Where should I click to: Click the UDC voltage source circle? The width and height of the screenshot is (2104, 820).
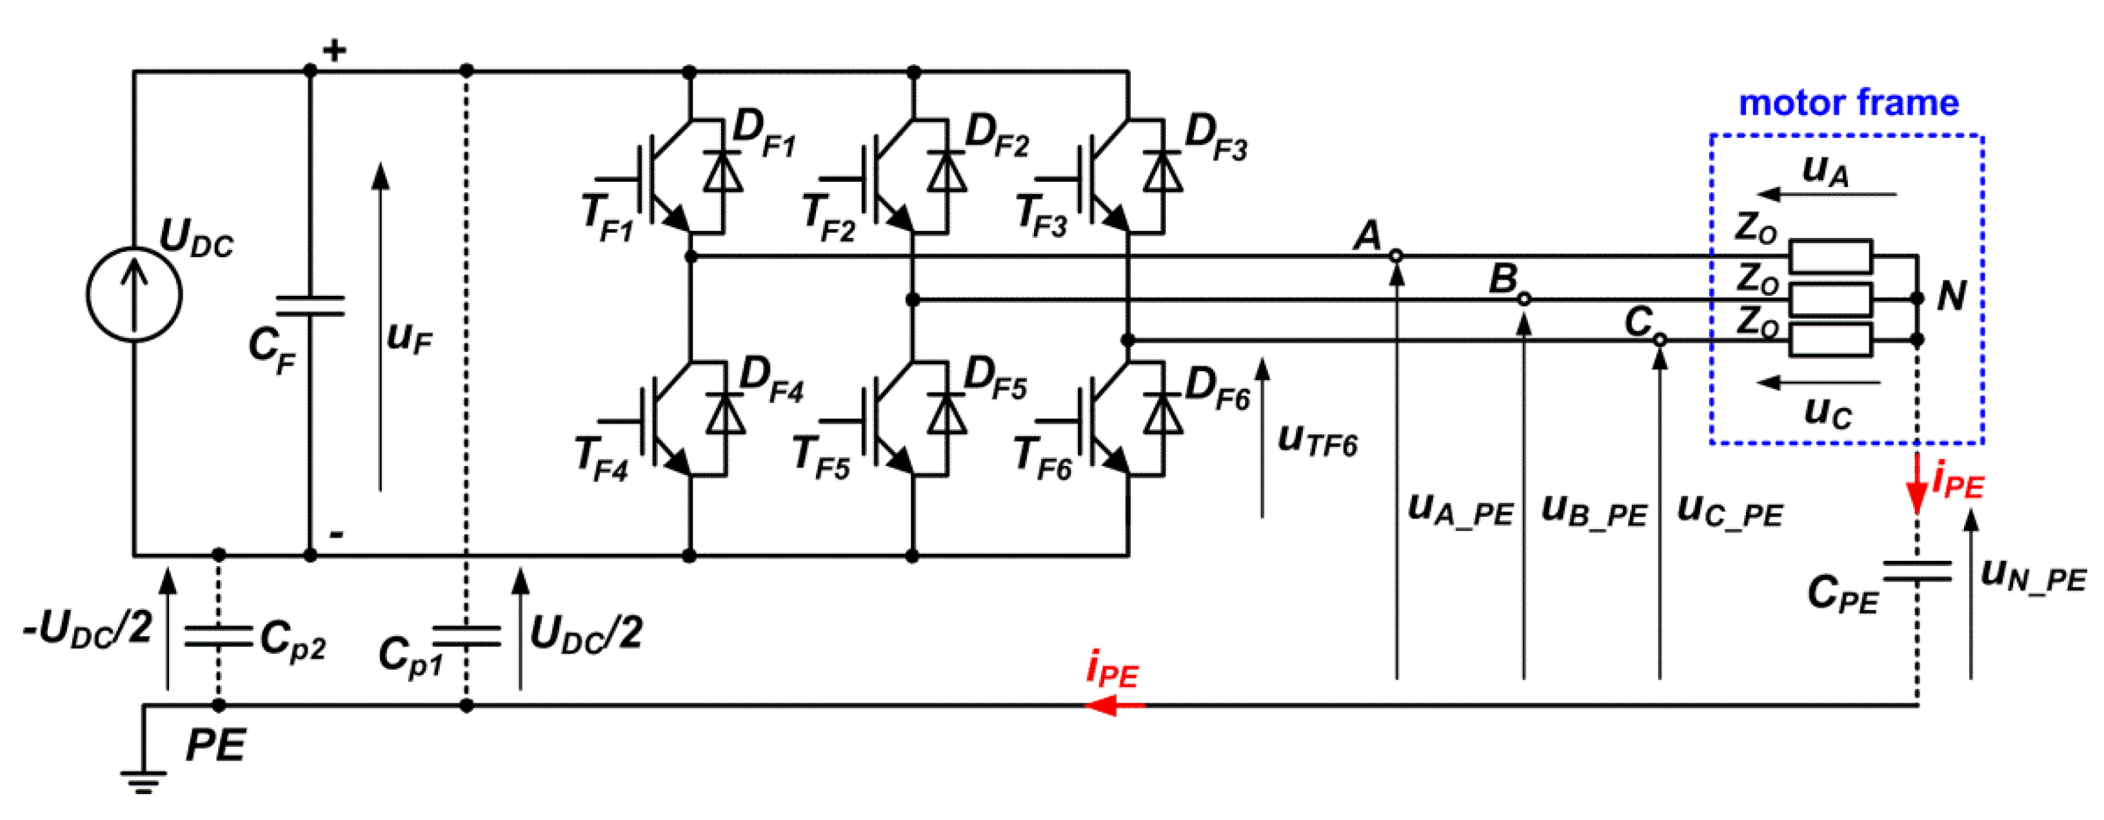[135, 294]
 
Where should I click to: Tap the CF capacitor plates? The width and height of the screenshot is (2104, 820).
[310, 306]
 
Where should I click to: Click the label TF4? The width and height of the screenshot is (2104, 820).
[602, 459]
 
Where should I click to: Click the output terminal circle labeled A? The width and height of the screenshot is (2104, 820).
[1396, 256]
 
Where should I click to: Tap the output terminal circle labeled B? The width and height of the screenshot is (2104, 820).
[1524, 300]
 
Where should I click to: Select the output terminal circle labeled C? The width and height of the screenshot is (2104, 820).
[1660, 340]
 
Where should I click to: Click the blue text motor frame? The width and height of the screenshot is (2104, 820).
[1849, 103]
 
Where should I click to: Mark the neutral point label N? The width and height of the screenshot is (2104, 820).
[1952, 296]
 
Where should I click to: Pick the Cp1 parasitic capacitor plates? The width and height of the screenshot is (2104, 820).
[466, 636]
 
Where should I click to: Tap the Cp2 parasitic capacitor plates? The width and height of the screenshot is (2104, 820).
[218, 636]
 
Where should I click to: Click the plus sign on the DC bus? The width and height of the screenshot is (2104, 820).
[334, 52]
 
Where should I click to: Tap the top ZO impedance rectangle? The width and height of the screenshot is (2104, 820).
[1831, 257]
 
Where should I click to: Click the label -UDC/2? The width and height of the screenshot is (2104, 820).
[88, 629]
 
